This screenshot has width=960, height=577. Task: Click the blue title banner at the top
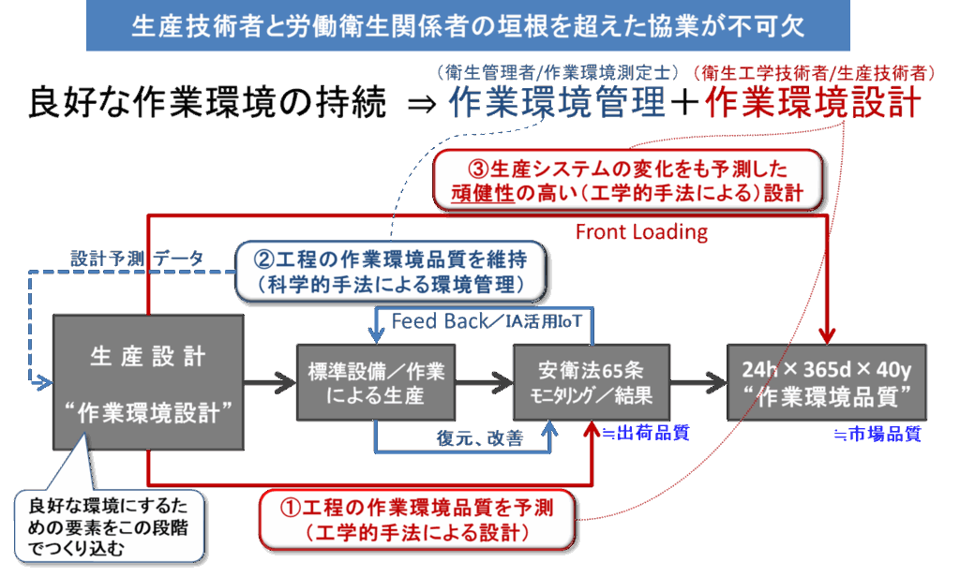(468, 25)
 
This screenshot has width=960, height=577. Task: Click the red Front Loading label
(641, 231)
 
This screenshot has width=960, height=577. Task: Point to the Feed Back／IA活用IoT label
(488, 322)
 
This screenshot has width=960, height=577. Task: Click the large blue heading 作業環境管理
(557, 103)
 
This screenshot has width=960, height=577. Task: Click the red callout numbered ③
(629, 181)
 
